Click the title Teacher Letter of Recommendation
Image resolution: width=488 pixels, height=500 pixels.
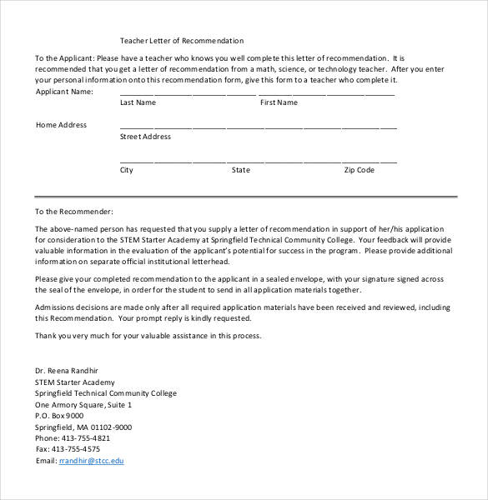182,40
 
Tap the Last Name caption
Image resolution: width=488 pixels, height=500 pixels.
138,102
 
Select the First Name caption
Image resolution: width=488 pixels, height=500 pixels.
279,102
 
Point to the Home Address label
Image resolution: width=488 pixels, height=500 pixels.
61,125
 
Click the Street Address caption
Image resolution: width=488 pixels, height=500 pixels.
145,137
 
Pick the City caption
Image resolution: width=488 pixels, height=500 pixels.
127,170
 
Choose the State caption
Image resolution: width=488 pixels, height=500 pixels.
240,170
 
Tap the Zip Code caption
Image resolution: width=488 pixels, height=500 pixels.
360,170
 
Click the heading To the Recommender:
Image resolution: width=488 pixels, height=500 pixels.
73,212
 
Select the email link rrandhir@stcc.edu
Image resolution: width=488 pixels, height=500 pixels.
91,460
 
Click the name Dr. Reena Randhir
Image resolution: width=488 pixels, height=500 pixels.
71,369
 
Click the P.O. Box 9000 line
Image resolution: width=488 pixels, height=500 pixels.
59,415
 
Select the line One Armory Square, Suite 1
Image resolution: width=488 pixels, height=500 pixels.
83,403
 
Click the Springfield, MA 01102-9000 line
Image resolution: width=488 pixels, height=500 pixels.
83,426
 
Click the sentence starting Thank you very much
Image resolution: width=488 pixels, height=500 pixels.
148,336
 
